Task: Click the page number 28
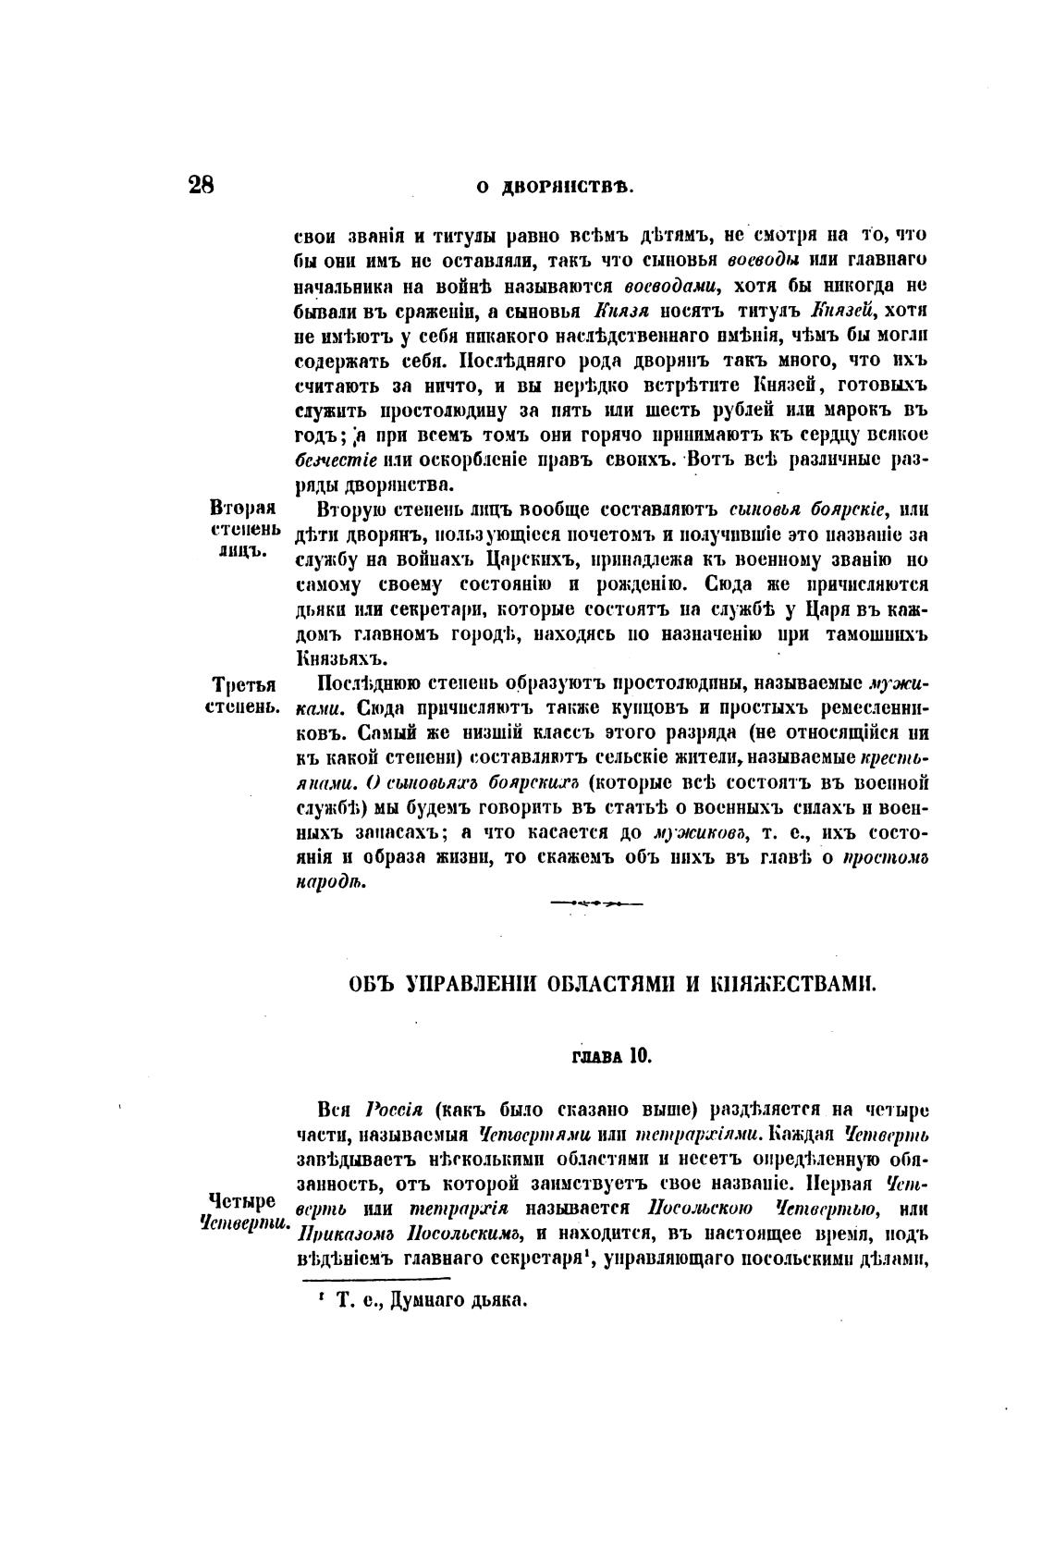point(202,185)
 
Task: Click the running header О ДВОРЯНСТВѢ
point(554,186)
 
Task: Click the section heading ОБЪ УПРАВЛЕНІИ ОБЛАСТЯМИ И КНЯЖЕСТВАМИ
point(611,984)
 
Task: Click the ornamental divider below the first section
point(596,902)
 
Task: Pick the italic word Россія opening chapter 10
point(395,1110)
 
